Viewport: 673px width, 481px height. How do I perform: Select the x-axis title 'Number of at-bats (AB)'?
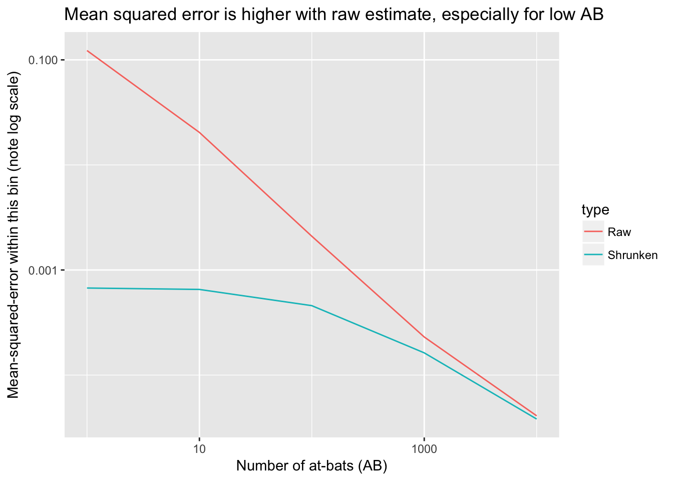pos(311,466)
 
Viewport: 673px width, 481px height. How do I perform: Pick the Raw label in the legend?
pos(619,232)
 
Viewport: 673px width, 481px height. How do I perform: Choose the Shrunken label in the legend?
pos(632,255)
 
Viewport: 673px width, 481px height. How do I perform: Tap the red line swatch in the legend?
pos(593,232)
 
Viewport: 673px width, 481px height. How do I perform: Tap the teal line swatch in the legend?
pos(593,255)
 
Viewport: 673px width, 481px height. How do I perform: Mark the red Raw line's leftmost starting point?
pos(87,51)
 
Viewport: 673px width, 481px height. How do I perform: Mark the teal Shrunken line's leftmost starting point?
pos(87,288)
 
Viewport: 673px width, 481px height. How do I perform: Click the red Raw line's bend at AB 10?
pos(199,132)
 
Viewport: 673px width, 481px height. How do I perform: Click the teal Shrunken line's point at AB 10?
pos(199,290)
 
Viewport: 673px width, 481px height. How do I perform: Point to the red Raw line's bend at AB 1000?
pos(424,337)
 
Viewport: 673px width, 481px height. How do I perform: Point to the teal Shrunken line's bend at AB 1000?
pos(424,353)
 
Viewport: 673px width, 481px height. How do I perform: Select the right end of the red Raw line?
pos(536,415)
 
